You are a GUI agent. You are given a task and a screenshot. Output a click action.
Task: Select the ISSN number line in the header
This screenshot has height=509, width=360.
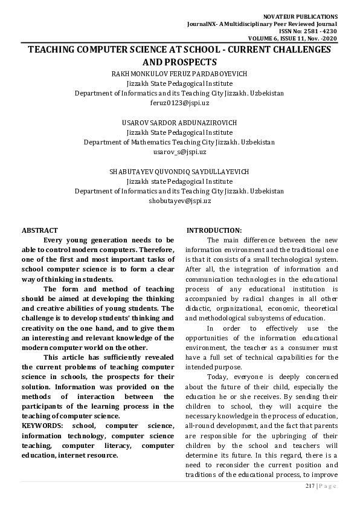[x=316, y=30]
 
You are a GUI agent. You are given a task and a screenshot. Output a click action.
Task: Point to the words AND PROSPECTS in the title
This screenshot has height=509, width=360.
[x=179, y=62]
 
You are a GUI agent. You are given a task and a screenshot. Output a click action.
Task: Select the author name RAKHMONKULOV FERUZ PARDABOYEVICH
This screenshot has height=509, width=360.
[x=179, y=74]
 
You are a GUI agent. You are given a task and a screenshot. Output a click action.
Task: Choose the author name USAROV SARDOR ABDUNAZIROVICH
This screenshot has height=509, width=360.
[x=179, y=123]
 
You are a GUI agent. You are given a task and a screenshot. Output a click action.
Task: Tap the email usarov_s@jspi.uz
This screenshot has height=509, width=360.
[x=179, y=152]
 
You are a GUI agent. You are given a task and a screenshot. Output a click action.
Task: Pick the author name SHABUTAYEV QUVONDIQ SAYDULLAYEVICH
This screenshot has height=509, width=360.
[x=179, y=172]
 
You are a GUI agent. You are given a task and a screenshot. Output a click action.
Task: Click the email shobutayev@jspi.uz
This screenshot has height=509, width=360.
[x=179, y=201]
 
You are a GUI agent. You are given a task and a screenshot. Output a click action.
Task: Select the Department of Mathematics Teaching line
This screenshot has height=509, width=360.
[x=179, y=143]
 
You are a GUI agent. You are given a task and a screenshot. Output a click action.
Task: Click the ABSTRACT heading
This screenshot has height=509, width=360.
[x=40, y=230]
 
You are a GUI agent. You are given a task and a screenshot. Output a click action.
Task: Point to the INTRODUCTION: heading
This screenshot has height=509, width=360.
[x=214, y=230]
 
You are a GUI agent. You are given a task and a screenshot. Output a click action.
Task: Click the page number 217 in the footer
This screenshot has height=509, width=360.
[x=310, y=487]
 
